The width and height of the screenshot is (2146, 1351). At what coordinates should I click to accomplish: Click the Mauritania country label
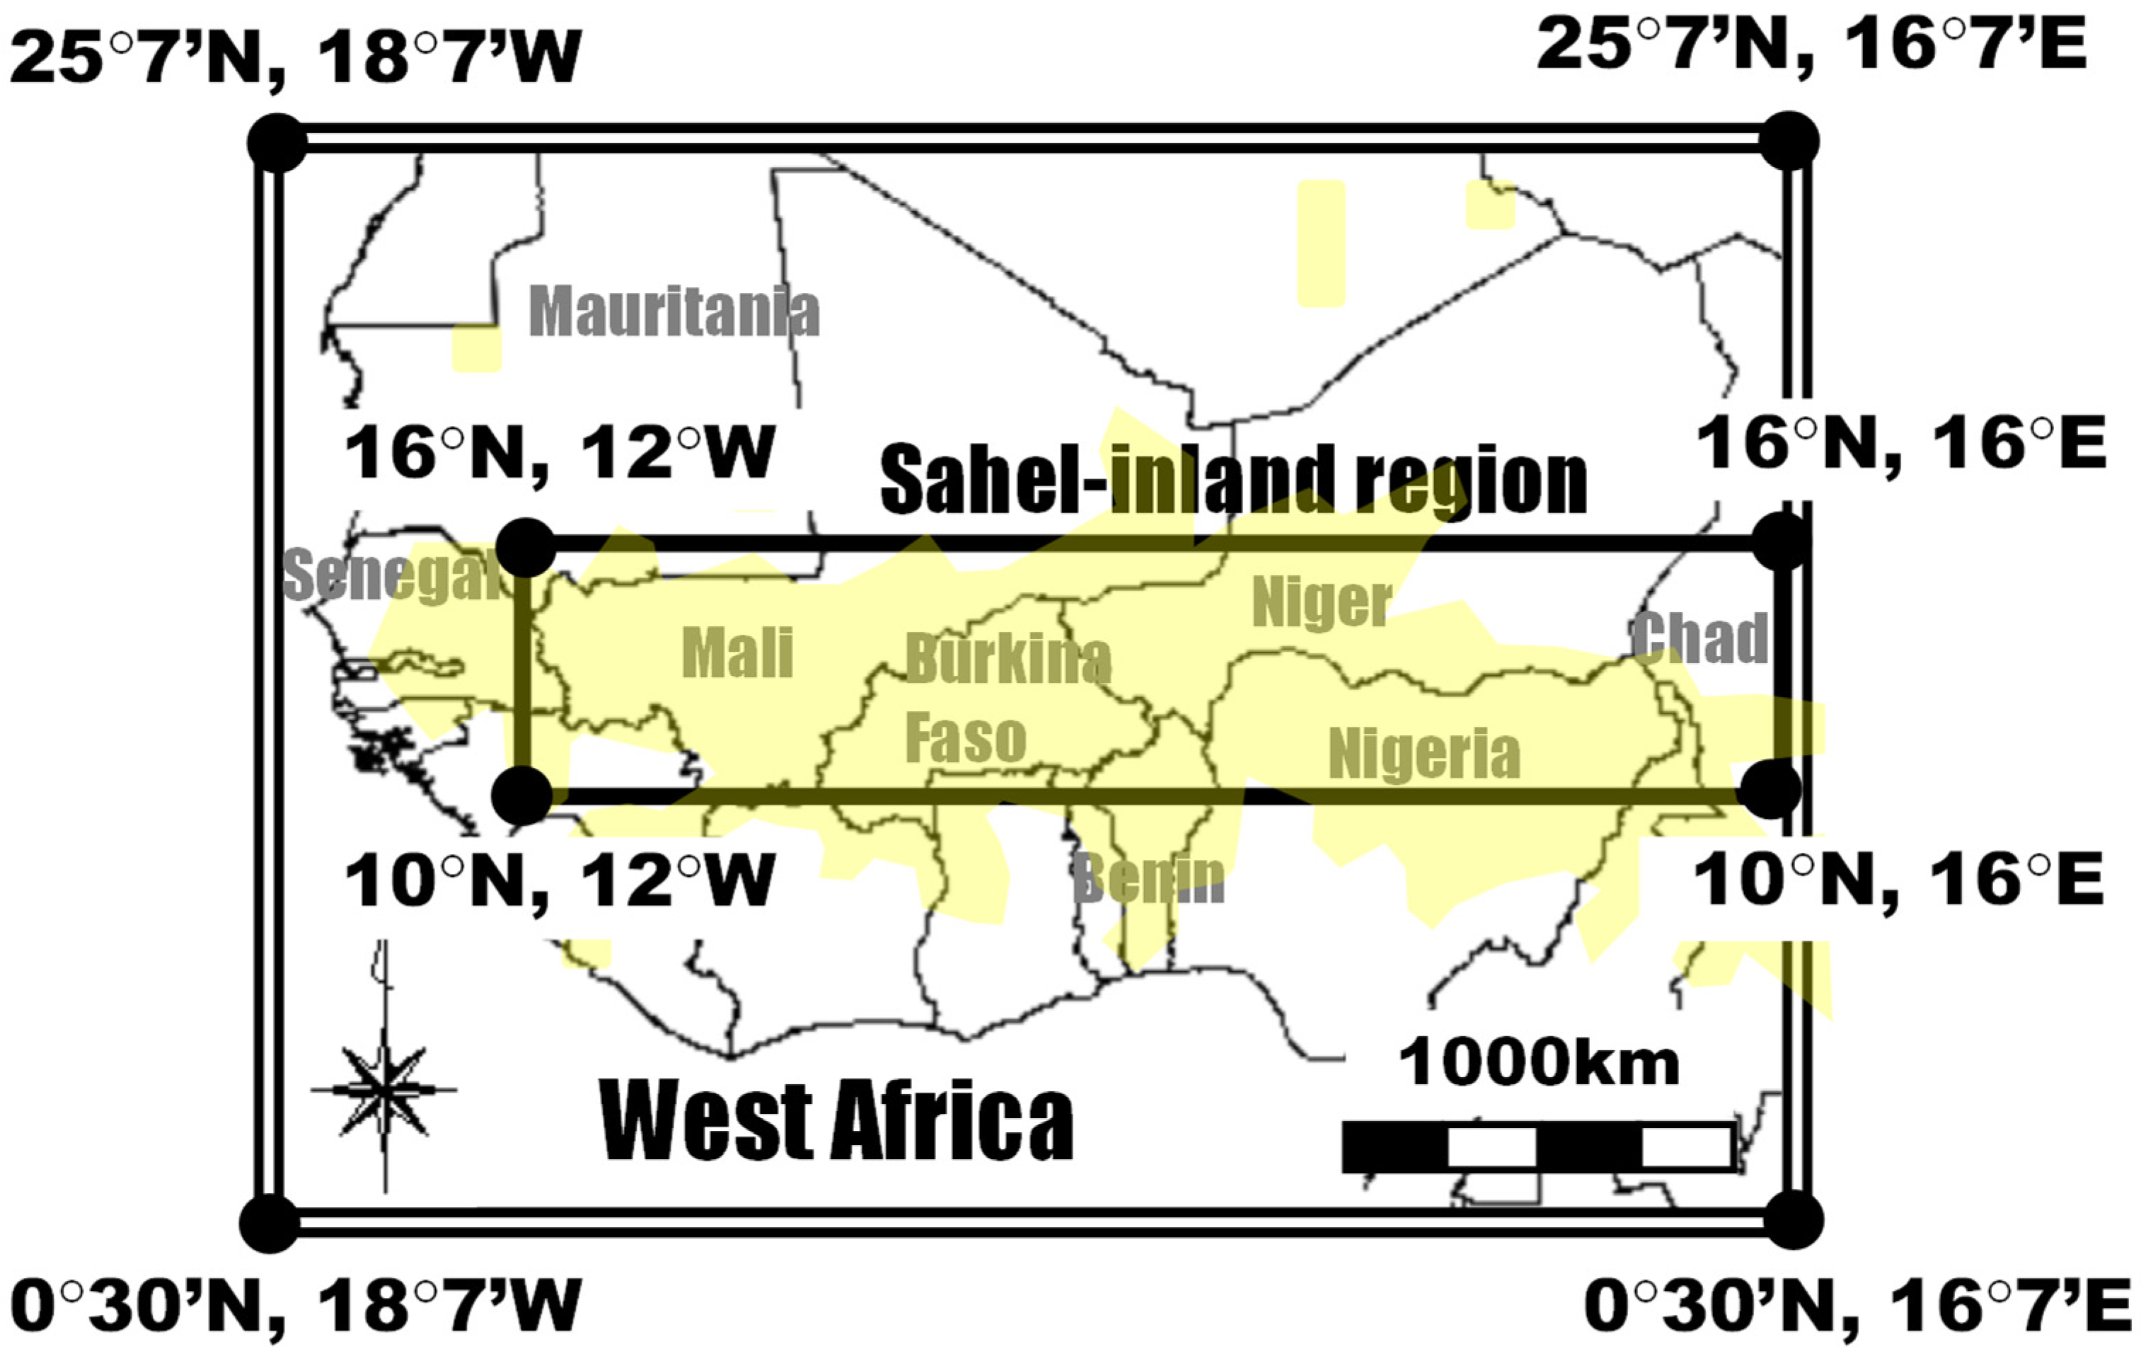click(674, 312)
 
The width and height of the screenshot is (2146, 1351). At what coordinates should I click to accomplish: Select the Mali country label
click(737, 652)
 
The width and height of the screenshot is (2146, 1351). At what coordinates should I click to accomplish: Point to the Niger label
click(1322, 604)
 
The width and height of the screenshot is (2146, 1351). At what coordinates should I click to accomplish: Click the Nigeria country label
click(1424, 754)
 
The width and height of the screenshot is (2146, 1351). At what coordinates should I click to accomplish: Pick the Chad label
click(1699, 638)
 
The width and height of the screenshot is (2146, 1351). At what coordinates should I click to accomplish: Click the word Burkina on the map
click(1008, 660)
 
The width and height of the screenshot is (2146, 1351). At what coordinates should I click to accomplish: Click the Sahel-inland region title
click(1233, 481)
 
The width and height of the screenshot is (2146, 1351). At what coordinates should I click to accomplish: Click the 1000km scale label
click(1538, 1062)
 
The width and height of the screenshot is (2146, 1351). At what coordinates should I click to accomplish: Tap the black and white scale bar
click(1538, 1148)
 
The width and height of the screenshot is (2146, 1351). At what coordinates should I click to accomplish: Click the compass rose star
click(384, 1089)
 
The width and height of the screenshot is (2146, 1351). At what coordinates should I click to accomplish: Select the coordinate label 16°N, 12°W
click(559, 453)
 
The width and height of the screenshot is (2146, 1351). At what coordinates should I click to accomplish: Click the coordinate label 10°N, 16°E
click(1898, 880)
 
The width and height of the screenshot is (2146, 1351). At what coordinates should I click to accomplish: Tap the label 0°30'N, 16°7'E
click(1857, 1306)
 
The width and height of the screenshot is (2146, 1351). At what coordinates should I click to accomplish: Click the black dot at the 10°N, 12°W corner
click(522, 795)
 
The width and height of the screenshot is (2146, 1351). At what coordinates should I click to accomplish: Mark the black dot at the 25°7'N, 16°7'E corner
click(1788, 142)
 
